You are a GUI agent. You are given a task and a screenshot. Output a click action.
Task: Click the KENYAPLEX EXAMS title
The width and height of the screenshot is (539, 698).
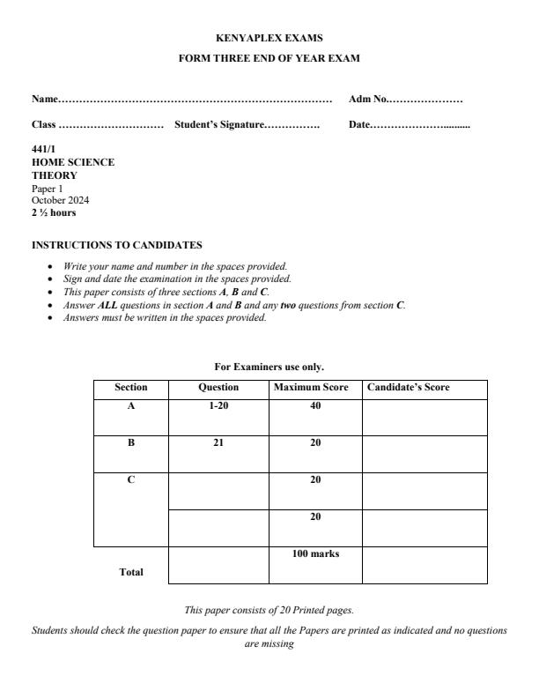[269, 38]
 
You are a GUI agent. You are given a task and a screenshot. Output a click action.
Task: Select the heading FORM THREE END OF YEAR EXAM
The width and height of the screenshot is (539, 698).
[269, 58]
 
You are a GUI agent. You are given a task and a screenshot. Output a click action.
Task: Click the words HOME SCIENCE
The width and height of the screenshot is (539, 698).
[73, 162]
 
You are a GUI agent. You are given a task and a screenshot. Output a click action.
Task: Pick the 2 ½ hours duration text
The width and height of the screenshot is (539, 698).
[54, 212]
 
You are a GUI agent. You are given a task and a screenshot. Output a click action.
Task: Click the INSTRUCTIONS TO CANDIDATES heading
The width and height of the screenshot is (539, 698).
[117, 244]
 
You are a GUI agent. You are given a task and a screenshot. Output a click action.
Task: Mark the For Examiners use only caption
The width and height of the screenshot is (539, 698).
[269, 367]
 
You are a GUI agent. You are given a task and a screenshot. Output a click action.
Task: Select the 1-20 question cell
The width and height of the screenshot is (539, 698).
[218, 406]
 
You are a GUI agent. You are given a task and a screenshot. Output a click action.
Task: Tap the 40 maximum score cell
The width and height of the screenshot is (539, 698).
[314, 406]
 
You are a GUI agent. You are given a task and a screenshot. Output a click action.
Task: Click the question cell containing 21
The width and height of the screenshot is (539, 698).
[218, 443]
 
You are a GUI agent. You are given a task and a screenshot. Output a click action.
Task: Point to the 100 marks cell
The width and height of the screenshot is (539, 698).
[314, 553]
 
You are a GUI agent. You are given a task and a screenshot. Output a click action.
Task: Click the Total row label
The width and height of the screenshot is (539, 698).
[131, 572]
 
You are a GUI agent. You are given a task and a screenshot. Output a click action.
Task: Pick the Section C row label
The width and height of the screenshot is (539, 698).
[131, 480]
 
